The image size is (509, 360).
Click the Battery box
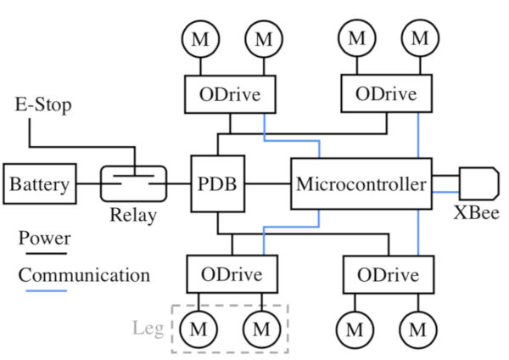(39, 183)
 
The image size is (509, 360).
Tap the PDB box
(217, 183)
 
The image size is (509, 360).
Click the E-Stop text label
(43, 105)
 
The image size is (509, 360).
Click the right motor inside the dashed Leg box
(262, 327)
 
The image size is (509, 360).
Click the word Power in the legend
(44, 239)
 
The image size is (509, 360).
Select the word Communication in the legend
(84, 275)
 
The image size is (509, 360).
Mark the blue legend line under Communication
(43, 290)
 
